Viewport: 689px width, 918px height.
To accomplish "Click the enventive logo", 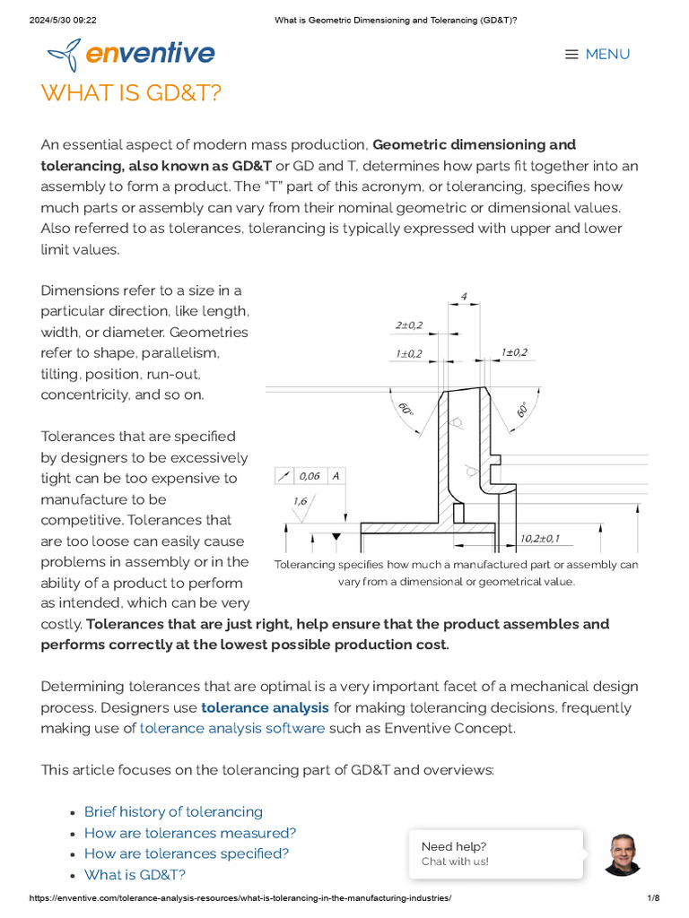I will click(x=131, y=55).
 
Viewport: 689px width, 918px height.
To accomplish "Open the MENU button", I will click(x=597, y=55).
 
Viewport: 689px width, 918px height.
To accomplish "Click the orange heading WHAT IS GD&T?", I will click(x=131, y=93).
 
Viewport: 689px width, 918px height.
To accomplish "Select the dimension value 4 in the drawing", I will click(x=463, y=295).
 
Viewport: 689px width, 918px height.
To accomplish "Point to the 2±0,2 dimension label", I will click(x=409, y=325).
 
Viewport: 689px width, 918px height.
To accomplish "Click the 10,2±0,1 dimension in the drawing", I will click(x=540, y=538).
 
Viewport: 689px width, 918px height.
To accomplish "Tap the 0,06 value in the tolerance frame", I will click(x=310, y=476).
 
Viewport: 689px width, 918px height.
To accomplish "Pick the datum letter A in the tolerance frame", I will click(x=336, y=476).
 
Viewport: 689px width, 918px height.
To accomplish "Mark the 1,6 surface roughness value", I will click(x=300, y=501).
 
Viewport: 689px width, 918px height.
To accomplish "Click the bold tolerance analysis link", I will click(x=265, y=707).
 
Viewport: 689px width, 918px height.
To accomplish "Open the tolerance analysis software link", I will click(x=232, y=728).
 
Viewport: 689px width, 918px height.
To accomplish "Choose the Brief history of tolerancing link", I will click(x=173, y=811).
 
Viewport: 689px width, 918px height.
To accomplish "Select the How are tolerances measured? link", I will click(x=190, y=833).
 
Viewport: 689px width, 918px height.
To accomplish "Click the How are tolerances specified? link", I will click(x=187, y=853).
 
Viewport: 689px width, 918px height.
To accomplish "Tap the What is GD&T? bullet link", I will click(x=135, y=874).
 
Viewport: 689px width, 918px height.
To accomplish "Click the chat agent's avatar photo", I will click(x=623, y=854).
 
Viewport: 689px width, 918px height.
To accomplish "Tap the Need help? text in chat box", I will click(x=454, y=846).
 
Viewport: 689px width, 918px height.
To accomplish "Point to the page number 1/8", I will click(x=653, y=898).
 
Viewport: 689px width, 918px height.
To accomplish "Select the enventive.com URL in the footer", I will click(x=240, y=898).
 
